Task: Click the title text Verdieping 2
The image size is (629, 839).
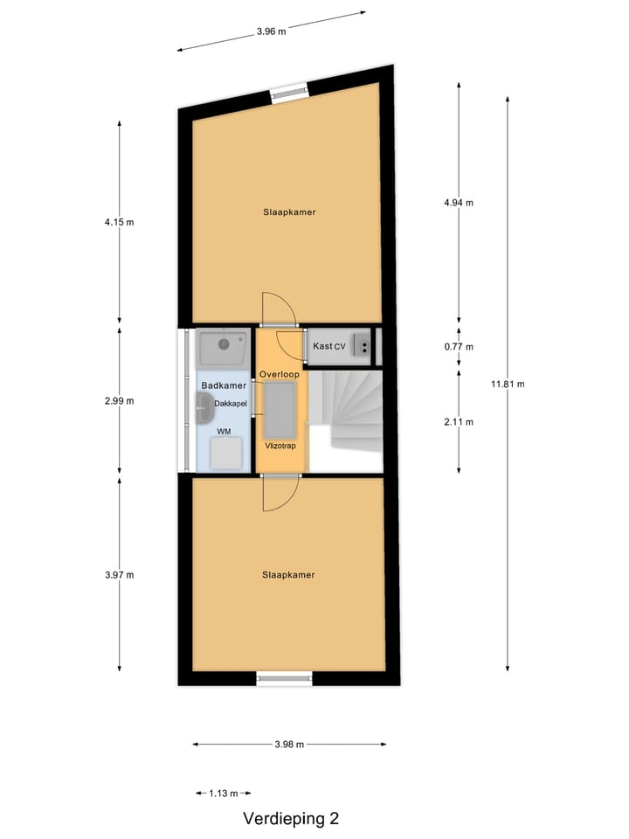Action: [x=291, y=819]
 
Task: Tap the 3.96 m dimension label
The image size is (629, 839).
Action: [x=271, y=31]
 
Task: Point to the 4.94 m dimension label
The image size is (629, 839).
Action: [x=459, y=203]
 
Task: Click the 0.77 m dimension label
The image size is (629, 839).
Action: [x=459, y=347]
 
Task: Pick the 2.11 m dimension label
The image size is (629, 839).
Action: [x=459, y=422]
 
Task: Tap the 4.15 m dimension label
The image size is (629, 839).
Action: [x=120, y=222]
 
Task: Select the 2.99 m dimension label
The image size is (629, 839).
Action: [x=120, y=401]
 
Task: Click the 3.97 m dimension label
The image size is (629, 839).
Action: [x=120, y=575]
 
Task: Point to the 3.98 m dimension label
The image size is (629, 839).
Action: [x=288, y=745]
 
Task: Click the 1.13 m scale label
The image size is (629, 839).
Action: [x=224, y=794]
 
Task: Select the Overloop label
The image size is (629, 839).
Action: [x=280, y=374]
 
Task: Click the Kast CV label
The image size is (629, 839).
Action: [x=329, y=347]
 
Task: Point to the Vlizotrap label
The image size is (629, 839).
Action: [x=280, y=445]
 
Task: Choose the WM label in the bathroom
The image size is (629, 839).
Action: [x=225, y=432]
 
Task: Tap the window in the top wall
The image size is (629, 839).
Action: [x=288, y=94]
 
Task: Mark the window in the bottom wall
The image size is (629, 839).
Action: [x=284, y=678]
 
